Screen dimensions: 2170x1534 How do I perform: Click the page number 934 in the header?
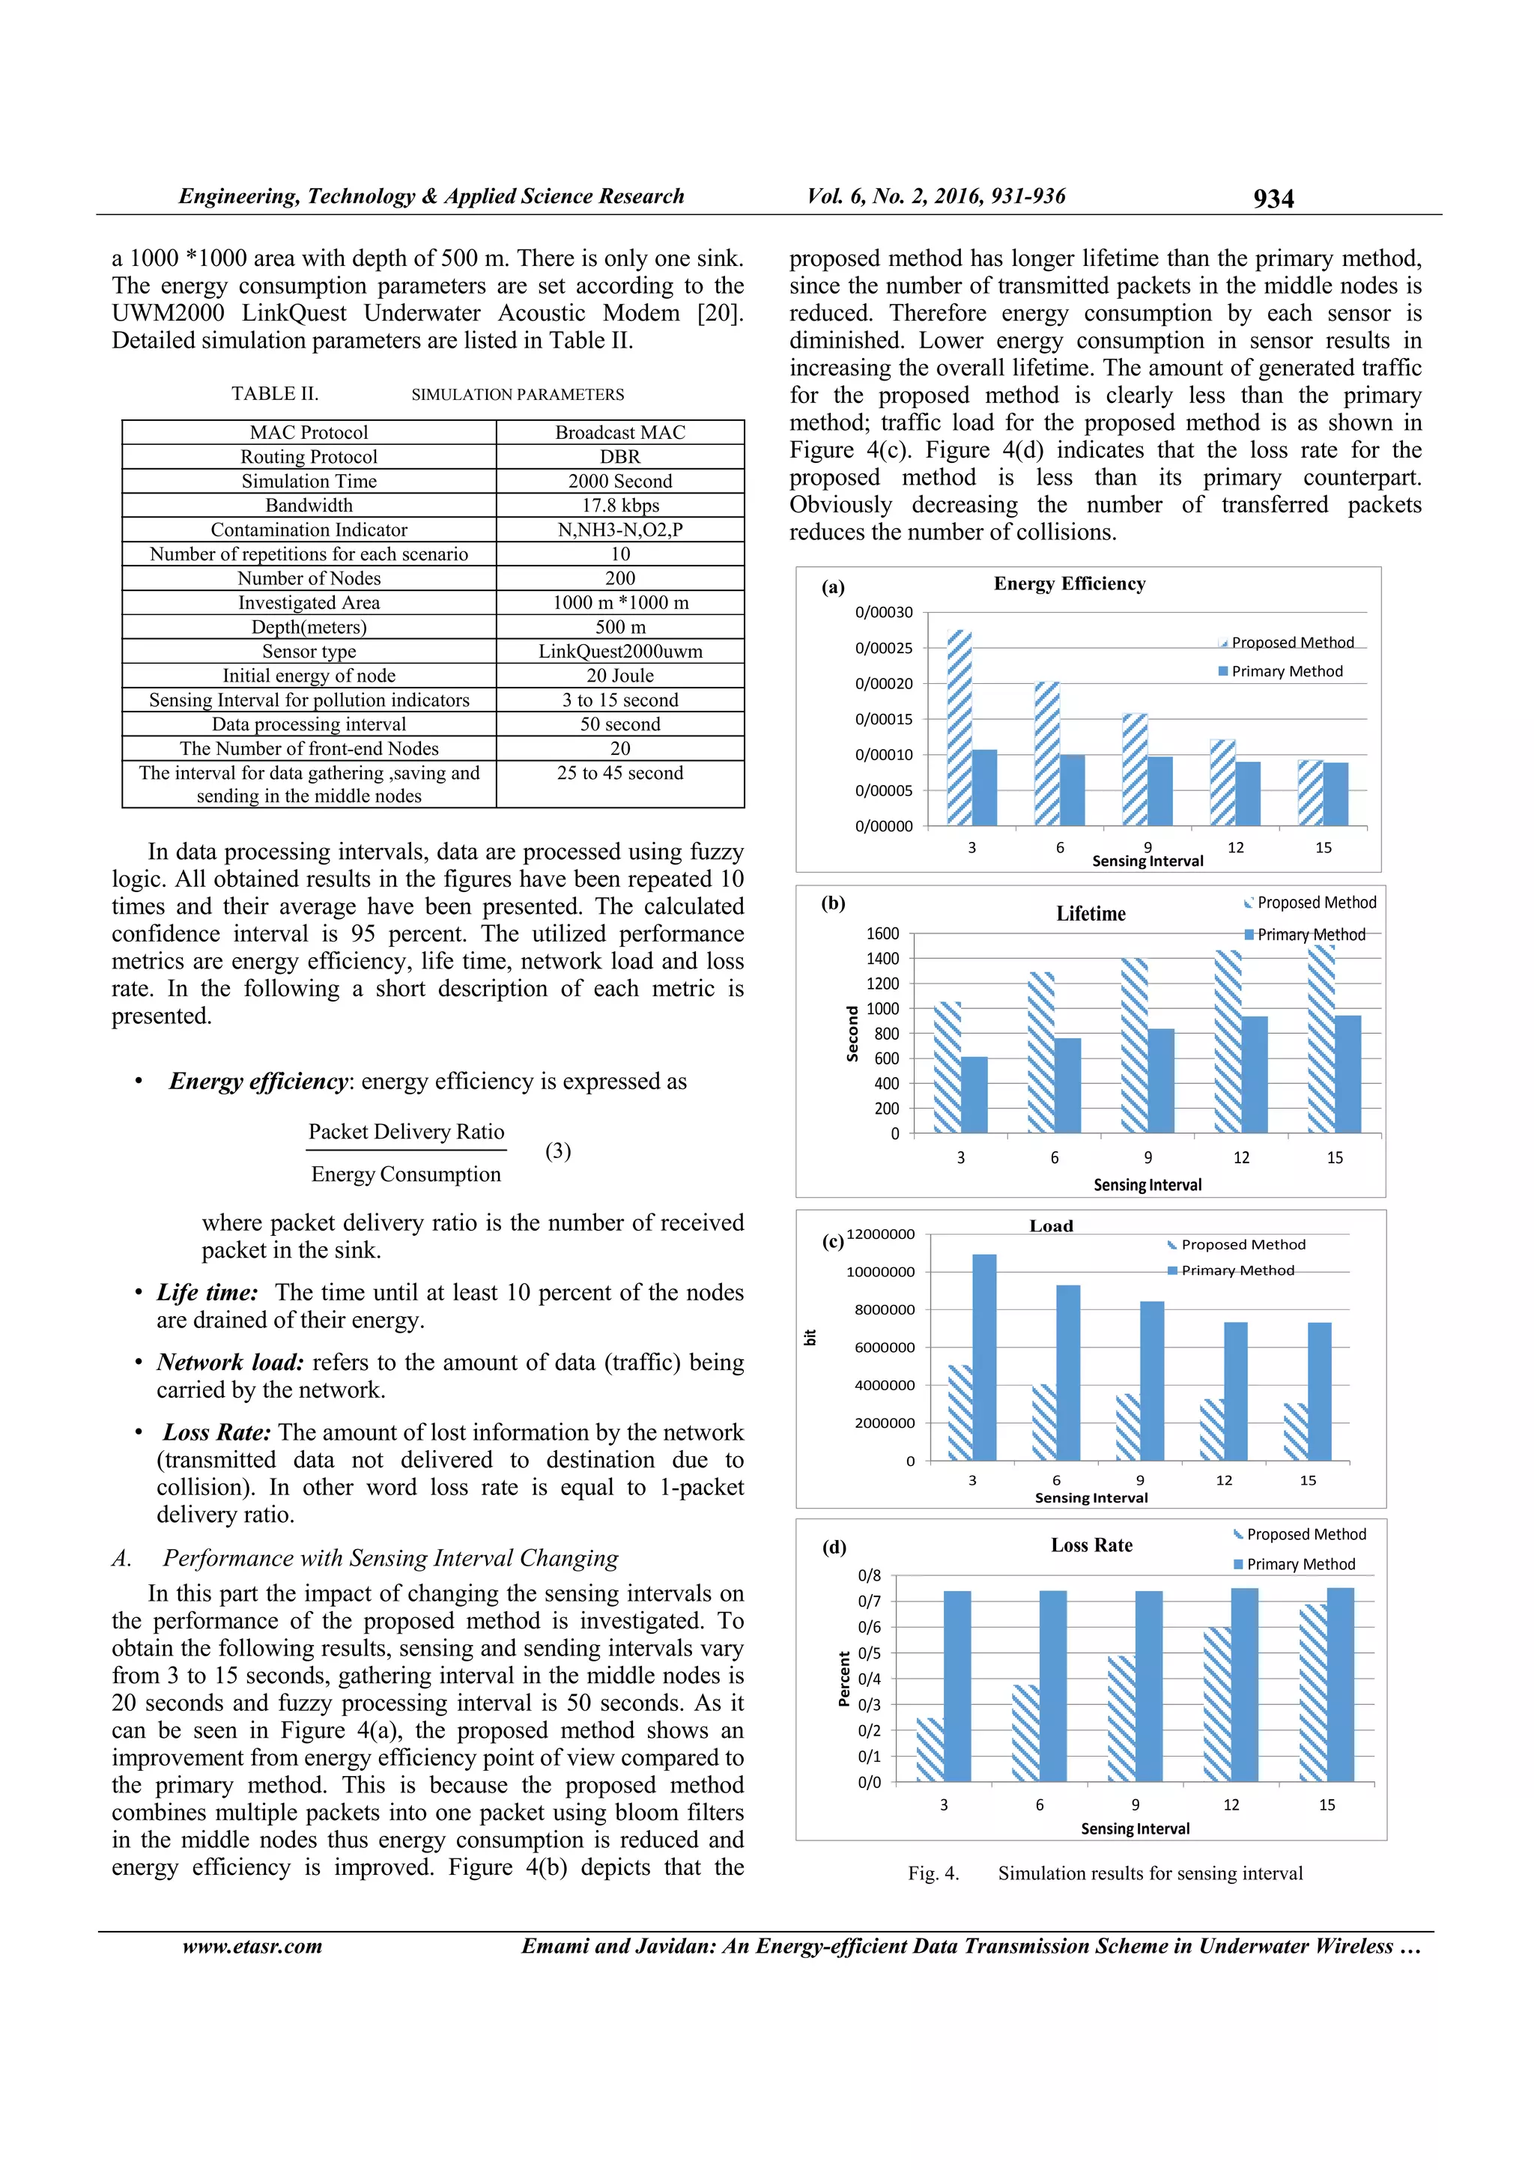tap(1273, 198)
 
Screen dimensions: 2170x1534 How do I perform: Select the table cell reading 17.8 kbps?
tap(620, 506)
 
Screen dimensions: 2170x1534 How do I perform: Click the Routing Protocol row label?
tap(309, 456)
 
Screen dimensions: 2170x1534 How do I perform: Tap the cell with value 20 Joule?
tap(620, 676)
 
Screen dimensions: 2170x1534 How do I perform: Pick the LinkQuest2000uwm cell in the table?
tap(620, 651)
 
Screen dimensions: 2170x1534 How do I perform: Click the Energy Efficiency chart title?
tap(1069, 584)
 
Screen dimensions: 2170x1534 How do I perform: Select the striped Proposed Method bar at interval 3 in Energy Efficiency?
tap(959, 728)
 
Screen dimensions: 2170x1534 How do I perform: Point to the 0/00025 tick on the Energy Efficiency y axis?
tap(884, 649)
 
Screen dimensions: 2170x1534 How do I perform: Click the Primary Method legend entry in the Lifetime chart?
tap(1310, 935)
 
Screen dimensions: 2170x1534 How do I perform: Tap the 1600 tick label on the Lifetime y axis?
tap(883, 934)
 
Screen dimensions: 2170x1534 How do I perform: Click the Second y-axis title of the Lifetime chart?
tap(852, 1033)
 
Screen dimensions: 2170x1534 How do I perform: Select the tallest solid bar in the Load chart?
tap(984, 1357)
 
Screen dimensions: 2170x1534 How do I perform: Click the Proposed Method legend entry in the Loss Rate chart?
tap(1306, 1535)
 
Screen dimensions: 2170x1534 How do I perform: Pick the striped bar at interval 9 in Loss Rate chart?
tap(1121, 1718)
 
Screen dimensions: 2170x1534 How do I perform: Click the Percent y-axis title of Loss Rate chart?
tap(844, 1679)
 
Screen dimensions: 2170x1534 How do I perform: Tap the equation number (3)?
tap(557, 1151)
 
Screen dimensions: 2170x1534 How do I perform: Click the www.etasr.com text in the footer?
tap(252, 1946)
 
